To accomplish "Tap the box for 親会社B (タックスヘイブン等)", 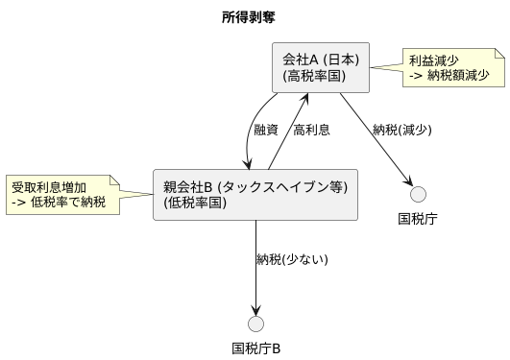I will pyautogui.click(x=255, y=195).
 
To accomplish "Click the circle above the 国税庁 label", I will pyautogui.click(x=419, y=191).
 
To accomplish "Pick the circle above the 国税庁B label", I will pyautogui.click(x=255, y=323).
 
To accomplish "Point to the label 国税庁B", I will pyautogui.click(x=255, y=348).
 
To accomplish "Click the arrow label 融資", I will pyautogui.click(x=266, y=131).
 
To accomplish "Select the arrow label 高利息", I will pyautogui.click(x=312, y=131).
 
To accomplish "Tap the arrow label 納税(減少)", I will pyautogui.click(x=402, y=131).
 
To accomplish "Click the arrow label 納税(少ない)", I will pyautogui.click(x=292, y=259).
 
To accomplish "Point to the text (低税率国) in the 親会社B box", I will pyautogui.click(x=196, y=204).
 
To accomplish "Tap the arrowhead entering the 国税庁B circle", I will pyautogui.click(x=255, y=309).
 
